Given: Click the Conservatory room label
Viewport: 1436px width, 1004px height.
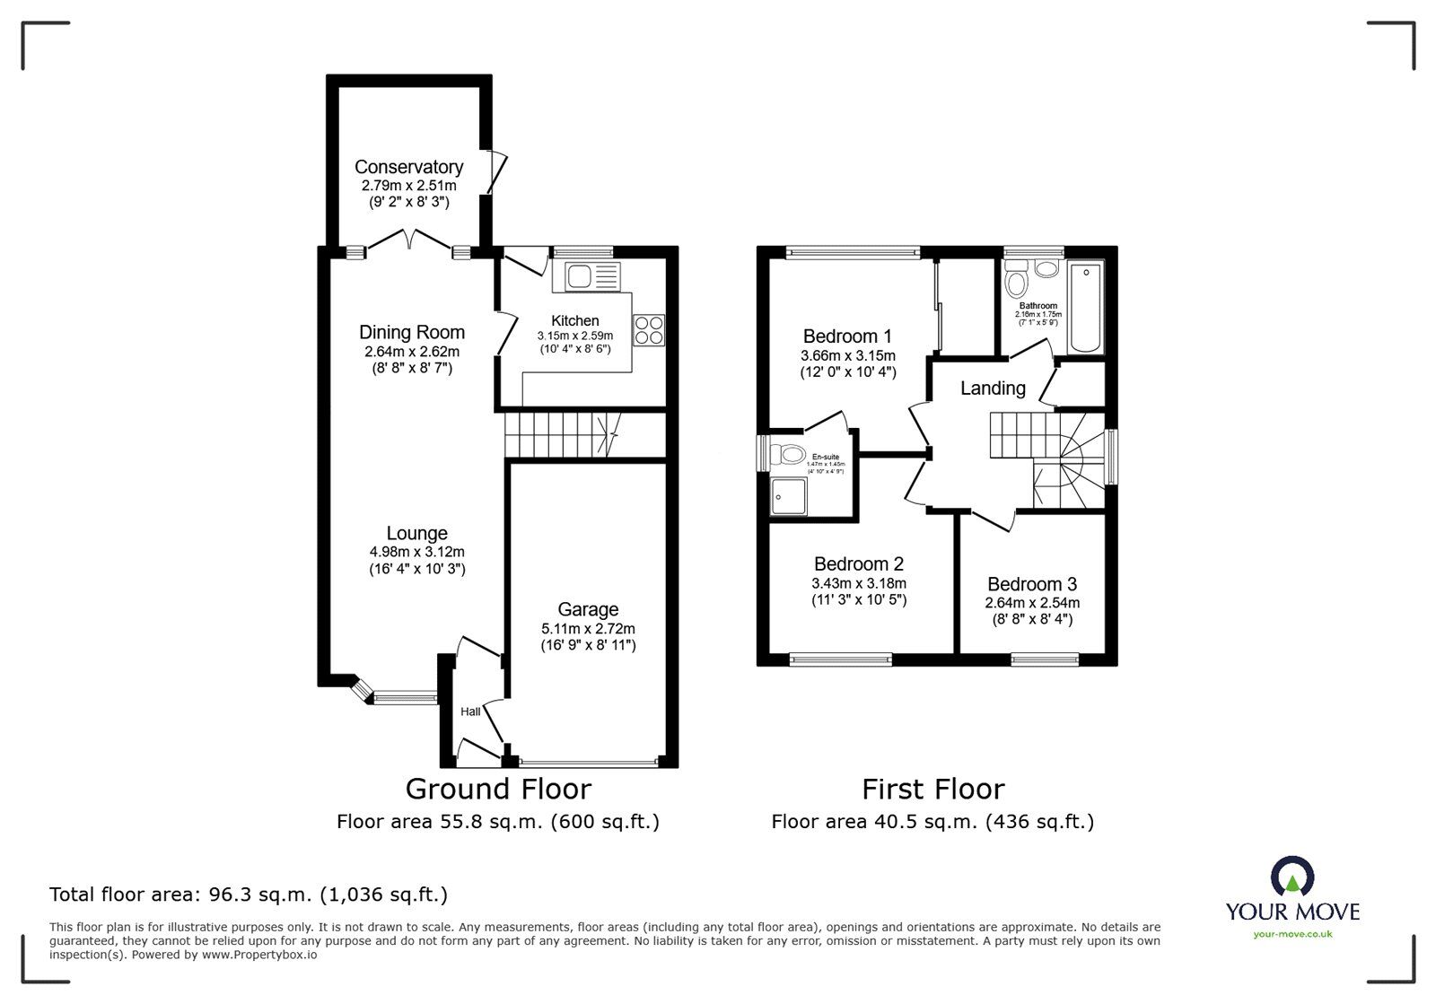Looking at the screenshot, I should pyautogui.click(x=408, y=167).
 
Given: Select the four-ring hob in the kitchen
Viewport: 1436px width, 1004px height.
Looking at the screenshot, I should pyautogui.click(x=650, y=330).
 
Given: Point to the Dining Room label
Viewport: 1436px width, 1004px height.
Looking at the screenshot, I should pyautogui.click(x=411, y=332).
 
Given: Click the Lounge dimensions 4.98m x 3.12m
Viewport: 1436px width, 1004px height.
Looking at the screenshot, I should pyautogui.click(x=416, y=552).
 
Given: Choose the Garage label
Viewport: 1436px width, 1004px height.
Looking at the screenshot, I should pyautogui.click(x=588, y=609).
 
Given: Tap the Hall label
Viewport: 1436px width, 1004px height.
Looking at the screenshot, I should pyautogui.click(x=470, y=712).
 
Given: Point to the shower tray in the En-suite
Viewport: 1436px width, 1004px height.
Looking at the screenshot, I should pyautogui.click(x=788, y=496).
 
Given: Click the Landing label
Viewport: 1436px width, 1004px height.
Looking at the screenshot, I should pyautogui.click(x=992, y=389).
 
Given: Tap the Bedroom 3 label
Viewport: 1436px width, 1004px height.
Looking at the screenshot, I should pyautogui.click(x=1032, y=584).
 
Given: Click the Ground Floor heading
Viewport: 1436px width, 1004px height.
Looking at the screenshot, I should pyautogui.click(x=498, y=789).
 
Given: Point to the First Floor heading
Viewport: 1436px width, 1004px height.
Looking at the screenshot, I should pyautogui.click(x=933, y=789).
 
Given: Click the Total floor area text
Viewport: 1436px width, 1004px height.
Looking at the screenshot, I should pyautogui.click(x=249, y=895).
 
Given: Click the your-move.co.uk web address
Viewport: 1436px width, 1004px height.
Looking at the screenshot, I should pyautogui.click(x=1292, y=934).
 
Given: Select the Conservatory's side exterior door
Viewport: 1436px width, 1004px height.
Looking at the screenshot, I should pyautogui.click(x=495, y=173).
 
